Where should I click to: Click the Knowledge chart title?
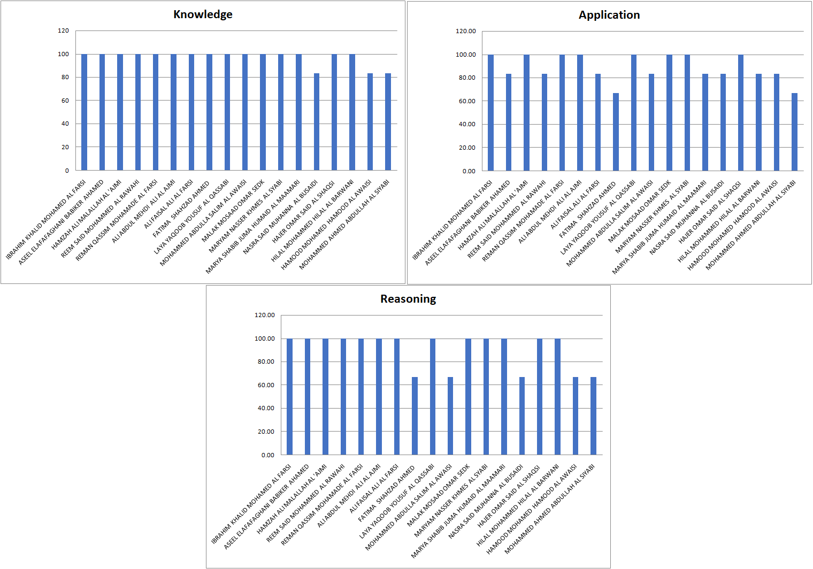[x=203, y=14]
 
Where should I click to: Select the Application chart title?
[x=609, y=15]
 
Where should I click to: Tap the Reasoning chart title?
[x=408, y=299]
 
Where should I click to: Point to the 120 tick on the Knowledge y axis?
[x=63, y=30]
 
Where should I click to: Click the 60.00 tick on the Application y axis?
[x=465, y=101]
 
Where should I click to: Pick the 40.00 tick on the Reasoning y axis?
[x=265, y=408]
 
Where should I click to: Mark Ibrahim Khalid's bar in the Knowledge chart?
[x=84, y=112]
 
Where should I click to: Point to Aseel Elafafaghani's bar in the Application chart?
[x=509, y=122]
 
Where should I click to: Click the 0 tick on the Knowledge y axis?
[x=67, y=171]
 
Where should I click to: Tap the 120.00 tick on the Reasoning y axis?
[x=264, y=315]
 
